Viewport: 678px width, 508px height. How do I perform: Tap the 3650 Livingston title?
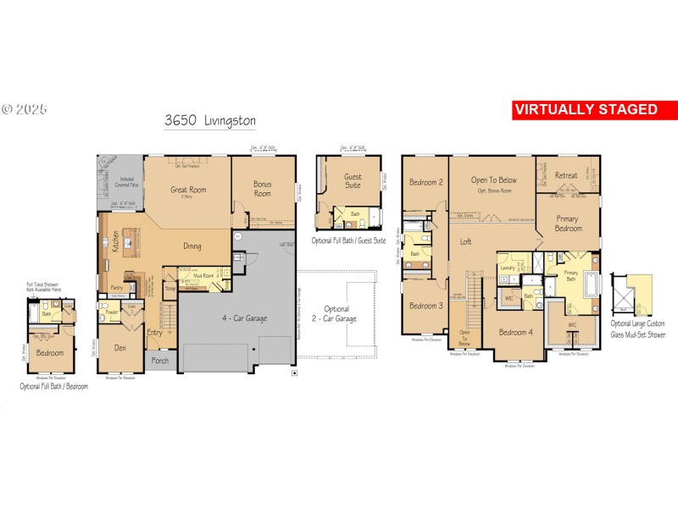[x=210, y=121]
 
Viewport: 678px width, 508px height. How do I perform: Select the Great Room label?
[x=188, y=190]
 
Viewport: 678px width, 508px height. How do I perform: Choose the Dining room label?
[x=192, y=246]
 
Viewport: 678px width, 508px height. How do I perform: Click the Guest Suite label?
[x=352, y=182]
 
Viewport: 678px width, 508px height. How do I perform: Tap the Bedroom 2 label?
[x=426, y=182]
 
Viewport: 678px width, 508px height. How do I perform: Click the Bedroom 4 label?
[x=515, y=332]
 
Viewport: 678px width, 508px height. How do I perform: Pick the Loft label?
[x=465, y=241]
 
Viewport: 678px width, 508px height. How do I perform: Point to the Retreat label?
[x=566, y=175]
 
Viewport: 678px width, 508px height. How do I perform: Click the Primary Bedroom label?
[x=569, y=223]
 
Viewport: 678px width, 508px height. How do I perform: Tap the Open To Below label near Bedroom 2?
[x=494, y=180]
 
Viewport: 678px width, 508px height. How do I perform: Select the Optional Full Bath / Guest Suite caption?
[x=348, y=241]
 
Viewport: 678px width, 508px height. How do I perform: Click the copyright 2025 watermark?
[x=25, y=109]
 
